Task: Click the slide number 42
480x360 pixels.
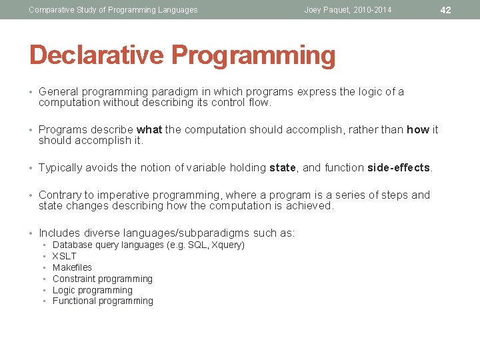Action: click(446, 10)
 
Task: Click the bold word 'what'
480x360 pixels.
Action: click(149, 130)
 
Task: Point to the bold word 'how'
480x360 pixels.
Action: click(417, 130)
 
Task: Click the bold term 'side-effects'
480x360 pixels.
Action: click(399, 168)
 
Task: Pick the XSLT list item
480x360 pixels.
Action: click(64, 256)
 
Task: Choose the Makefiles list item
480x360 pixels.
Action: click(72, 267)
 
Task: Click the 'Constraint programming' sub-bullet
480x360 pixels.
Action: click(102, 279)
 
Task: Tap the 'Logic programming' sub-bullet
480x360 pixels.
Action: click(92, 290)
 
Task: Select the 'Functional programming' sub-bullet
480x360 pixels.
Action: click(103, 301)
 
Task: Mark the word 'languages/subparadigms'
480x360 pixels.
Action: click(176, 233)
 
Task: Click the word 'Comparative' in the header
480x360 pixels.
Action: click(51, 10)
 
